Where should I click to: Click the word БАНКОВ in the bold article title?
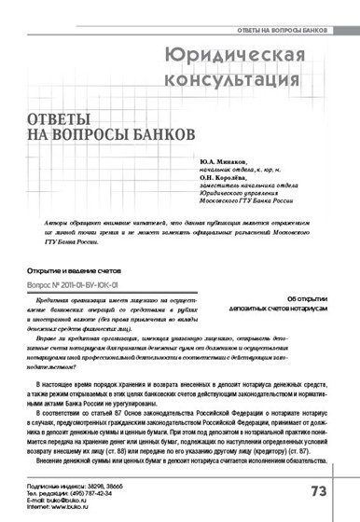tap(160, 142)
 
